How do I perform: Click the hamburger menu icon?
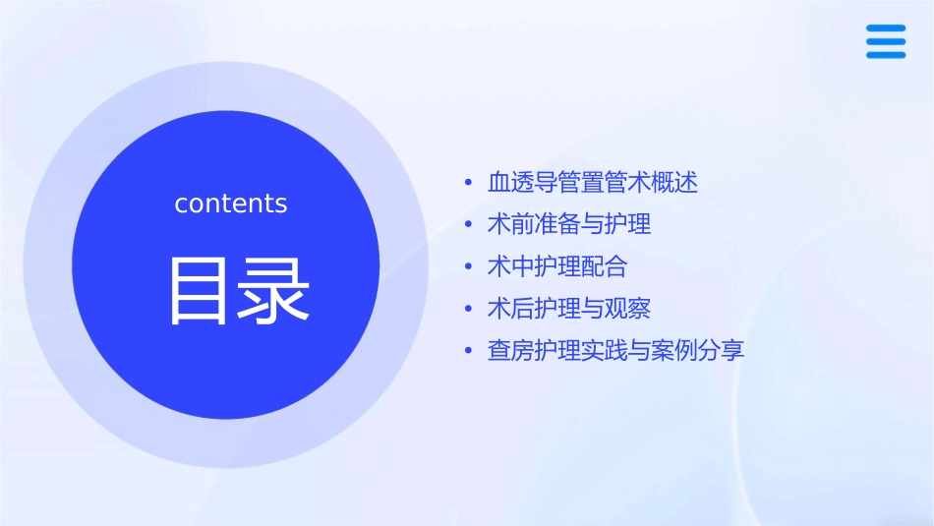pyautogui.click(x=885, y=41)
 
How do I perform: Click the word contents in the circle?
pyautogui.click(x=231, y=204)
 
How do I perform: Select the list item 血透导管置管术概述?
pyautogui.click(x=592, y=183)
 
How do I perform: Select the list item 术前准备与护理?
pyautogui.click(x=569, y=224)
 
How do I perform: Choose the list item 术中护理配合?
pyautogui.click(x=556, y=266)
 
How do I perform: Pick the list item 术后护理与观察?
pyautogui.click(x=569, y=309)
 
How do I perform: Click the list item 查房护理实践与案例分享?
pyautogui.click(x=615, y=351)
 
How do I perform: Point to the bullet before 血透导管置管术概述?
pyautogui.click(x=469, y=183)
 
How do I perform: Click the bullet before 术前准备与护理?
pyautogui.click(x=469, y=224)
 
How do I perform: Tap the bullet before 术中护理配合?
pyautogui.click(x=469, y=266)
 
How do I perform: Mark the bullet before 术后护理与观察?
pyautogui.click(x=469, y=309)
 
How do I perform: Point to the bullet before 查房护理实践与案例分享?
pyautogui.click(x=469, y=351)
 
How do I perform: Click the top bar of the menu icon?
pyautogui.click(x=885, y=29)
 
